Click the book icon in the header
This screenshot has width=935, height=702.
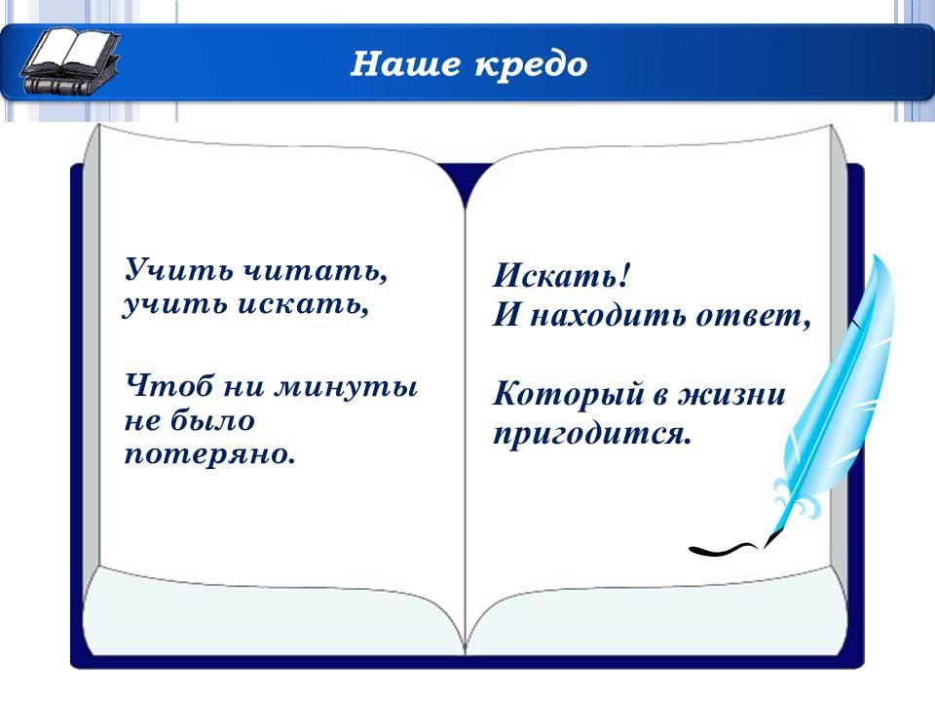pyautogui.click(x=70, y=61)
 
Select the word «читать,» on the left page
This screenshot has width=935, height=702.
pyautogui.click(x=316, y=270)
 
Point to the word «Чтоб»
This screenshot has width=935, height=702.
pyautogui.click(x=168, y=386)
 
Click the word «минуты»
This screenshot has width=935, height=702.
pyautogui.click(x=346, y=387)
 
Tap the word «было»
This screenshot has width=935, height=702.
pyautogui.click(x=213, y=420)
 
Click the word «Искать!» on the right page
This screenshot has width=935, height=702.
pyautogui.click(x=561, y=275)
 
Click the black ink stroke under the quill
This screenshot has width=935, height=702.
pyautogui.click(x=723, y=549)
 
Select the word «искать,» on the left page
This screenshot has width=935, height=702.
pyautogui.click(x=303, y=304)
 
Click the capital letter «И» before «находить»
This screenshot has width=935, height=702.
pyautogui.click(x=506, y=315)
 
